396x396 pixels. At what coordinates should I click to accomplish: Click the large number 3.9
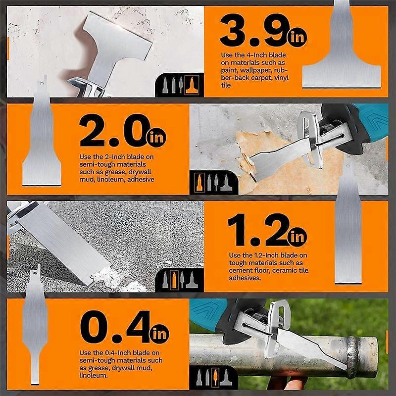pyautogui.click(x=253, y=30)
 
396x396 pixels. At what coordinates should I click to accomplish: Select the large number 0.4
pyautogui.click(x=115, y=327)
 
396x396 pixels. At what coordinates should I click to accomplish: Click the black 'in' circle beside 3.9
pyautogui.click(x=297, y=37)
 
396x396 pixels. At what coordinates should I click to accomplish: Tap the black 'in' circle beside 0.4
pyautogui.click(x=159, y=334)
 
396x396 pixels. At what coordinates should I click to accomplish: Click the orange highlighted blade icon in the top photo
pyautogui.click(x=192, y=85)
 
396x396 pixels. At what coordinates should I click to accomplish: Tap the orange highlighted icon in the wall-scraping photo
pyautogui.click(x=199, y=183)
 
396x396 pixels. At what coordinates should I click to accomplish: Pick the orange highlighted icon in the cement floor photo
pyautogui.click(x=174, y=280)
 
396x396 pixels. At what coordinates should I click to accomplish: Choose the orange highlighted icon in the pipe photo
pyautogui.click(x=215, y=377)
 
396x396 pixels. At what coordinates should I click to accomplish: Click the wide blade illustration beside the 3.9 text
pyautogui.click(x=342, y=50)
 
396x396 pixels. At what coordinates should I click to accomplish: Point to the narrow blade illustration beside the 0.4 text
pyautogui.click(x=35, y=328)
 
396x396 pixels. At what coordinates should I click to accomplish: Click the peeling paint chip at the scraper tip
pyautogui.click(x=246, y=164)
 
